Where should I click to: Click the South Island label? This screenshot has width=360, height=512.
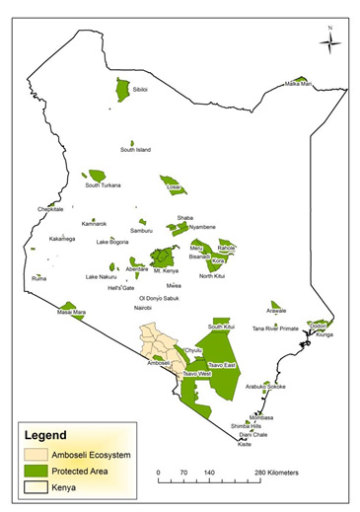[x=135, y=150]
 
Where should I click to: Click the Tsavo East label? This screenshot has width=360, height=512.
[x=222, y=365]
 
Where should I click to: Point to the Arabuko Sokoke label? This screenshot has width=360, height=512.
[x=264, y=387]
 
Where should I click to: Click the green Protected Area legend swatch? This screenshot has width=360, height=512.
[x=41, y=471]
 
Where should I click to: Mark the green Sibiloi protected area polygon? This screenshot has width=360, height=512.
[x=123, y=90]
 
